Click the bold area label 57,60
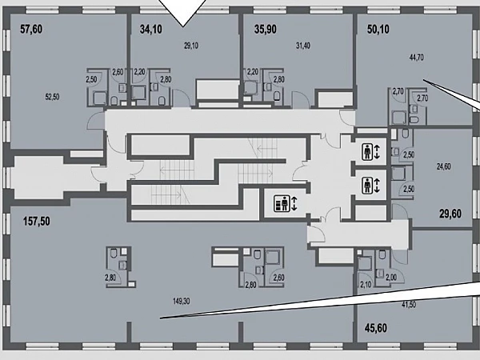[x=31, y=30]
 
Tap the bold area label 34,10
[x=151, y=30]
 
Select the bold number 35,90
[x=266, y=30]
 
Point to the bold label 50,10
[x=378, y=30]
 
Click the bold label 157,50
[x=37, y=221]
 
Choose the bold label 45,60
[x=376, y=328]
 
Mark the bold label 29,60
[x=450, y=214]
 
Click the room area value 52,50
[x=52, y=97]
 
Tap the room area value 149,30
[x=182, y=302]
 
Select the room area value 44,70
[x=416, y=58]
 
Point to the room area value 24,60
[x=443, y=167]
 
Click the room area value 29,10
[x=191, y=46]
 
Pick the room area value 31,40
[x=302, y=46]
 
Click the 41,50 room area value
[x=409, y=305]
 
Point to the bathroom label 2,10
[x=366, y=285]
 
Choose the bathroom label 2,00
[x=391, y=278]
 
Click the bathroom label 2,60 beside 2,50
[x=118, y=72]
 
